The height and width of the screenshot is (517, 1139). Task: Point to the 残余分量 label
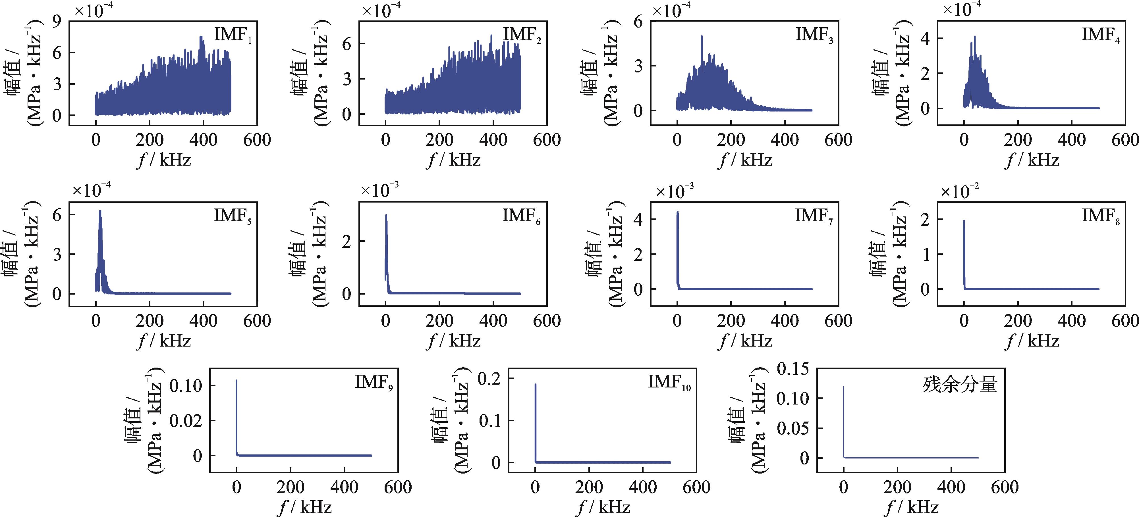tap(959, 384)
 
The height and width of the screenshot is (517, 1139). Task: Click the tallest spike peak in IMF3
tap(701, 37)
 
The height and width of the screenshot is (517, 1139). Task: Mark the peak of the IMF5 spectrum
tap(100, 211)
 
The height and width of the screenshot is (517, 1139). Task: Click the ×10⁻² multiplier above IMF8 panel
tap(958, 191)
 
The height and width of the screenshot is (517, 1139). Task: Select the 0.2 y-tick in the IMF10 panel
tap(490, 379)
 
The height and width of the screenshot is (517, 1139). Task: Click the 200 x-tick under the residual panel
tap(898, 487)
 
